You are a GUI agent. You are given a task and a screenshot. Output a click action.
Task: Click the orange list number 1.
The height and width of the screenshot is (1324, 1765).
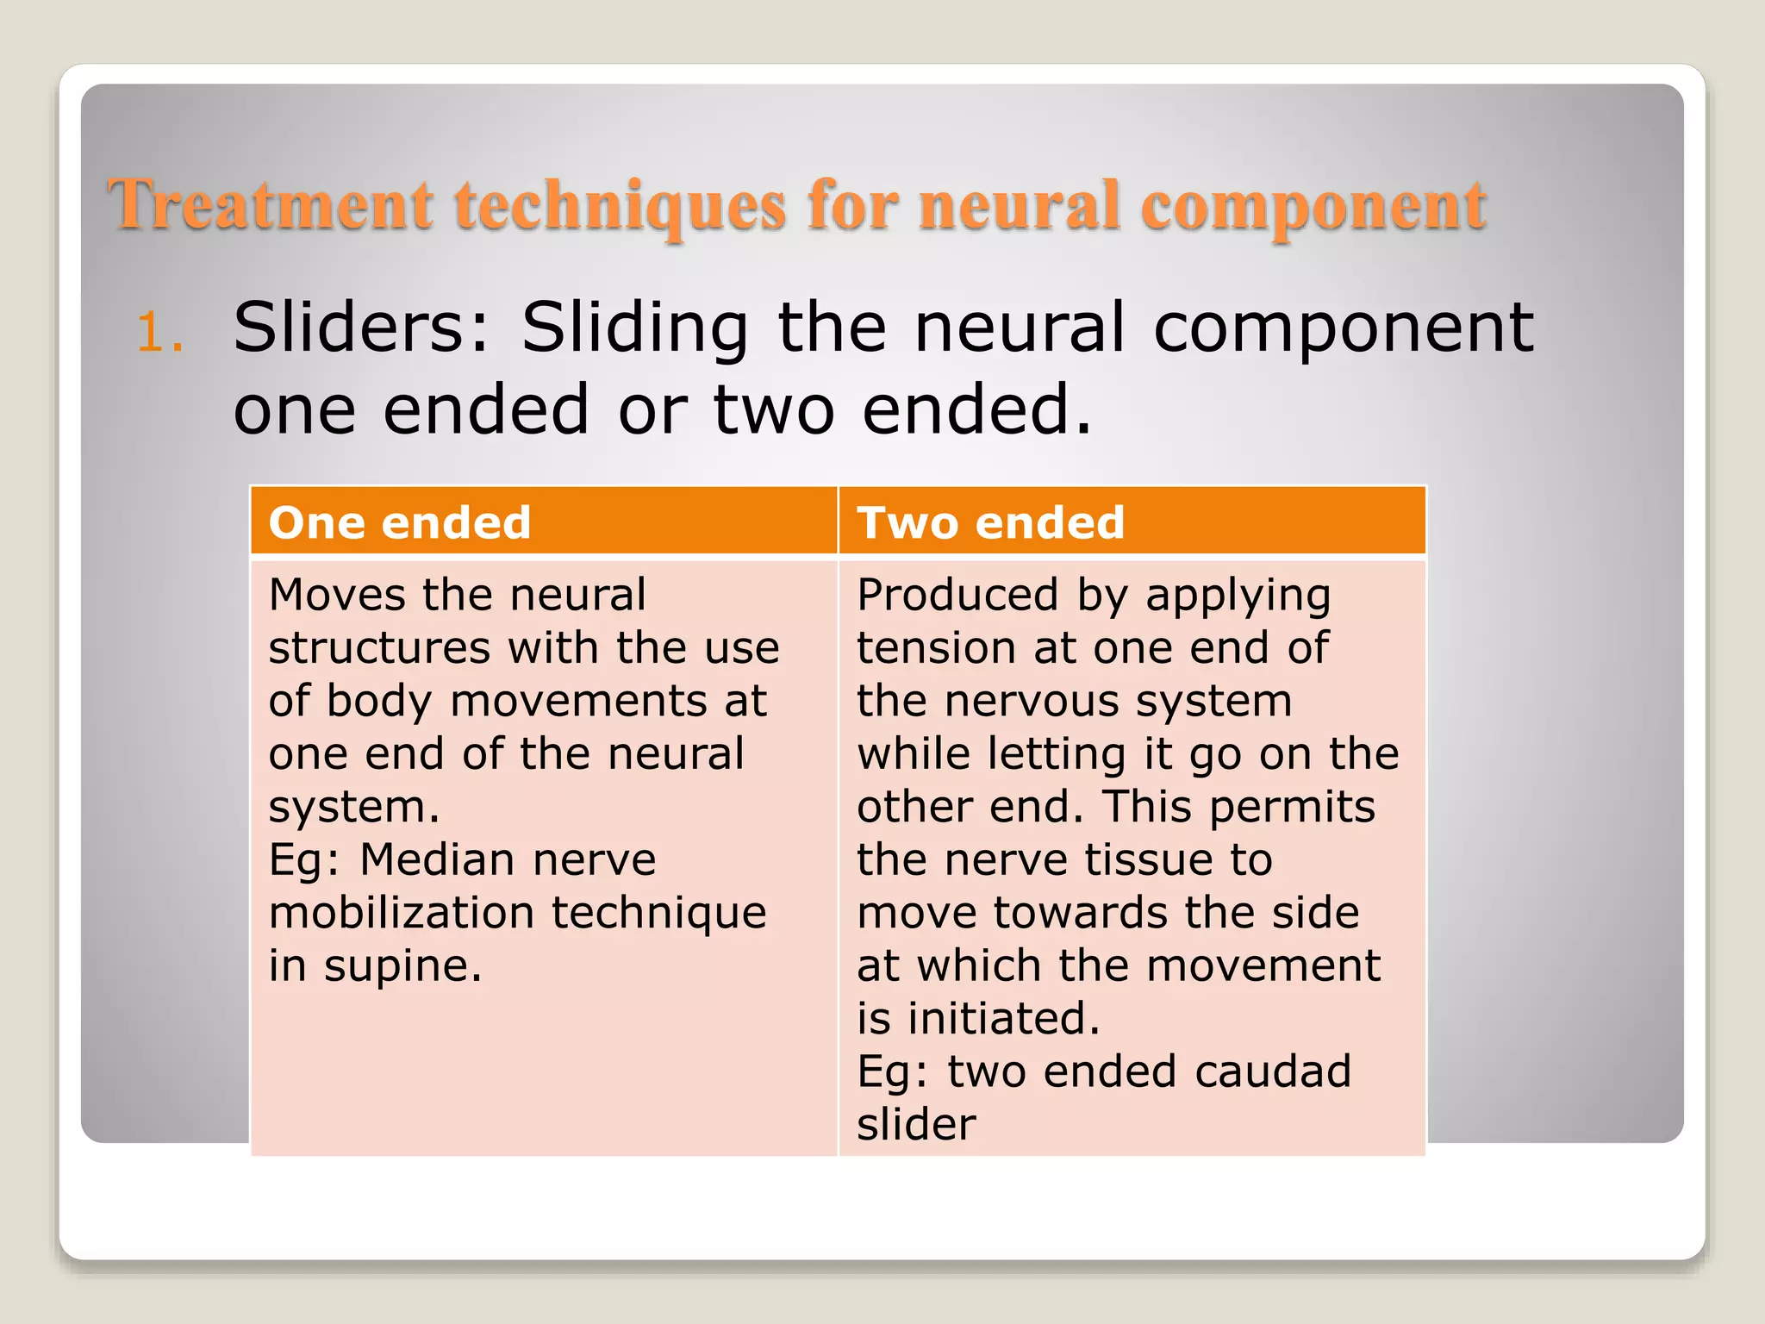pyautogui.click(x=160, y=333)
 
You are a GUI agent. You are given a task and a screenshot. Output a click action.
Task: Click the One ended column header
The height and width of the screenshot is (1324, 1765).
pyautogui.click(x=399, y=522)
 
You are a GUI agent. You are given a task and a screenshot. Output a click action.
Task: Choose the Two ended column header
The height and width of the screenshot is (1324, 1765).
pyautogui.click(x=990, y=522)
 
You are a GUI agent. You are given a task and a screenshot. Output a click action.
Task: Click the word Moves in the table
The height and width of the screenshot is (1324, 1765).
pyautogui.click(x=336, y=595)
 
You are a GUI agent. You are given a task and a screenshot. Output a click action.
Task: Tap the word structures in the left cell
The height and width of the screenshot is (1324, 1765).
pyautogui.click(x=379, y=648)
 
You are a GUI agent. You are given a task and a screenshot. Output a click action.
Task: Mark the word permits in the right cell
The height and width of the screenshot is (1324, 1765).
pyautogui.click(x=1292, y=808)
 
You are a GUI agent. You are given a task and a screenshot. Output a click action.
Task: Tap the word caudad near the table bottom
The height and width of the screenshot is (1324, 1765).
pyautogui.click(x=1272, y=1071)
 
